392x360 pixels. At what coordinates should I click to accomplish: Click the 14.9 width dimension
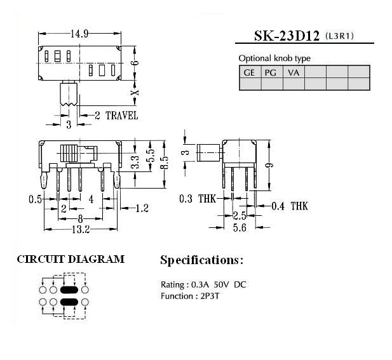pyautogui.click(x=79, y=34)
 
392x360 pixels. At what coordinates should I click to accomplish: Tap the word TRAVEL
pyautogui.click(x=122, y=116)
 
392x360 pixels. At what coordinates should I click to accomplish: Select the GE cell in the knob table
pyautogui.click(x=250, y=72)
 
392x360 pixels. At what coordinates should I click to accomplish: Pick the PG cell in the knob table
pyautogui.click(x=272, y=72)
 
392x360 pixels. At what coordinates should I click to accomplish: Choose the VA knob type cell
pyautogui.click(x=294, y=72)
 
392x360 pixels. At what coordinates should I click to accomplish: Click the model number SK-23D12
pyautogui.click(x=287, y=36)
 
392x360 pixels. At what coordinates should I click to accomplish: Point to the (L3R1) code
pyautogui.click(x=340, y=36)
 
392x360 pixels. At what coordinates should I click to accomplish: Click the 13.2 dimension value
pyautogui.click(x=81, y=229)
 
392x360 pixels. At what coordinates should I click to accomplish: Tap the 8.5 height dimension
pyautogui.click(x=165, y=163)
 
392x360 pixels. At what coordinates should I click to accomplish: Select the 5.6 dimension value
pyautogui.click(x=240, y=227)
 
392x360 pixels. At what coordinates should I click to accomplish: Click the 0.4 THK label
pyautogui.click(x=290, y=206)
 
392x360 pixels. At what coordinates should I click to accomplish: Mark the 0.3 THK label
pyautogui.click(x=198, y=199)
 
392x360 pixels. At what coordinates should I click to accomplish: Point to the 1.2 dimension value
pyautogui.click(x=142, y=208)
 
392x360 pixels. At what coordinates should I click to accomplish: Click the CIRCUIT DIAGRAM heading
pyautogui.click(x=71, y=259)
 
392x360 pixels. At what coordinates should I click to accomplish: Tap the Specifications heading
pyautogui.click(x=201, y=260)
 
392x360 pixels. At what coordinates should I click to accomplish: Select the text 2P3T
pyautogui.click(x=210, y=297)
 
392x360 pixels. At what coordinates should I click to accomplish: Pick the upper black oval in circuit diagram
pyautogui.click(x=69, y=290)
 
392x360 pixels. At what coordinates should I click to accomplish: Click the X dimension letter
pyautogui.click(x=135, y=93)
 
